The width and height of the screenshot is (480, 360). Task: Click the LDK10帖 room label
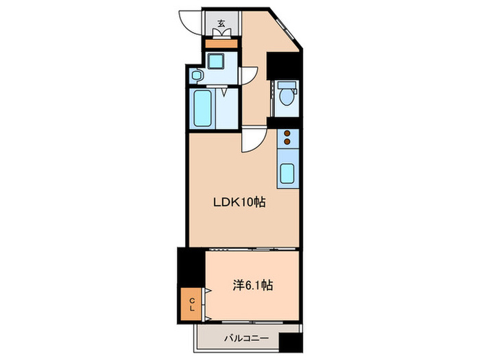(x=239, y=202)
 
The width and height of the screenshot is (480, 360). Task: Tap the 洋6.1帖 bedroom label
(x=252, y=285)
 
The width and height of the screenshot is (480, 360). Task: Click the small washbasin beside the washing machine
(x=196, y=75)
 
